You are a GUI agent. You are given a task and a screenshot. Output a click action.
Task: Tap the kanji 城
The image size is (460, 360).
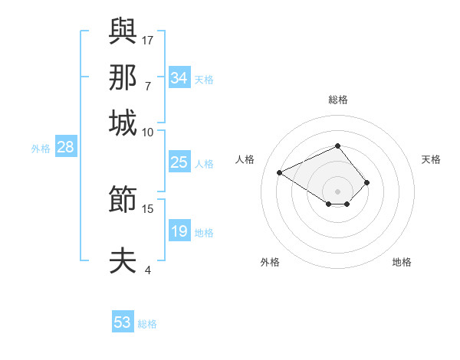pyautogui.click(x=123, y=123)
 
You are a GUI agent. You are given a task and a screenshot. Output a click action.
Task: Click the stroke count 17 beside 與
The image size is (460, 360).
pyautogui.click(x=148, y=38)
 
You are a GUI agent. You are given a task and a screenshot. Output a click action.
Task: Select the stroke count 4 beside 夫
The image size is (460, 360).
pyautogui.click(x=148, y=270)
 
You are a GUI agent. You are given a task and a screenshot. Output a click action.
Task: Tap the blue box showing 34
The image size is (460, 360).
pyautogui.click(x=179, y=78)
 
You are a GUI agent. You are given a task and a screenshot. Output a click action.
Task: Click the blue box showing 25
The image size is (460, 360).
pyautogui.click(x=179, y=162)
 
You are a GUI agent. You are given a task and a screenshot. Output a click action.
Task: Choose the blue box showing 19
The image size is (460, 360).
pyautogui.click(x=179, y=231)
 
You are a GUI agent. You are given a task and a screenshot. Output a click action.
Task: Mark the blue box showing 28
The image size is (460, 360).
pyautogui.click(x=65, y=148)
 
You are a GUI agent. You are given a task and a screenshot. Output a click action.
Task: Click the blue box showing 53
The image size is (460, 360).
pyautogui.click(x=122, y=322)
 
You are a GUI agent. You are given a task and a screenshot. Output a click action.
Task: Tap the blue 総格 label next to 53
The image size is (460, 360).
pyautogui.click(x=147, y=324)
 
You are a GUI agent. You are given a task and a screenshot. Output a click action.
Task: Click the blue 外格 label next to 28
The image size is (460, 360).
pyautogui.click(x=41, y=149)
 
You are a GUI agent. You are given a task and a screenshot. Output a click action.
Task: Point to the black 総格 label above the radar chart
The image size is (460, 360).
pyautogui.click(x=337, y=100)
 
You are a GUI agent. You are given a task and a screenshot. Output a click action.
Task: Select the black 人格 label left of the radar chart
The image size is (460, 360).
pyautogui.click(x=245, y=159)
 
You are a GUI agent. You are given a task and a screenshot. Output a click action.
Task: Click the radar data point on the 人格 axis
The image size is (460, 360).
pyautogui.click(x=280, y=172)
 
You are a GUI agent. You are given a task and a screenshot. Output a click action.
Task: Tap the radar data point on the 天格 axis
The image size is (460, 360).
pyautogui.click(x=367, y=182)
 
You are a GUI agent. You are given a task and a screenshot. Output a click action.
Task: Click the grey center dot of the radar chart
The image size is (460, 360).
pyautogui.click(x=337, y=191)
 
